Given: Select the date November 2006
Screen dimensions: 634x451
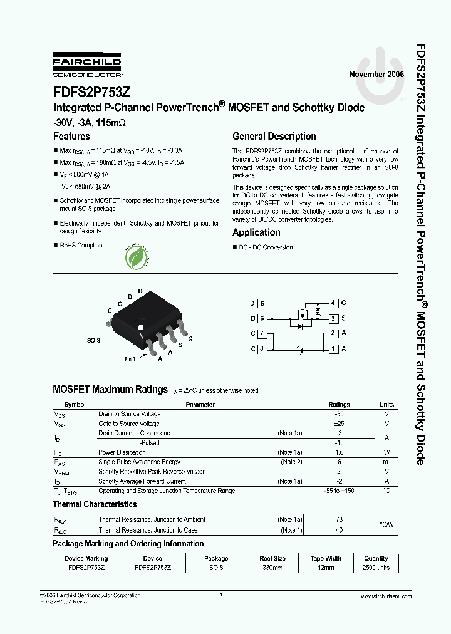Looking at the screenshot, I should click(x=376, y=74).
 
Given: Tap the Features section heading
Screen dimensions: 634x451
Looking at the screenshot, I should click(x=71, y=136).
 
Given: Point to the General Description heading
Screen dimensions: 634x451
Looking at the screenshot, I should click(x=274, y=136).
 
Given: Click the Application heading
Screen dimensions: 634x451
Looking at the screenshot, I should click(x=256, y=232).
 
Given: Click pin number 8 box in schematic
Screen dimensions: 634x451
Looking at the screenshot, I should click(x=261, y=348).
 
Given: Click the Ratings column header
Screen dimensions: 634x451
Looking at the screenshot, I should click(x=340, y=405).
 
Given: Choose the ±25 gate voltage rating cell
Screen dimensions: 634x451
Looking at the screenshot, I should click(x=340, y=424).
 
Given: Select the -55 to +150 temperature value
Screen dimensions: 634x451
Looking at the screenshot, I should click(x=340, y=491).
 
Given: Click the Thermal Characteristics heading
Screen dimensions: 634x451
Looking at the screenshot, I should click(x=95, y=504).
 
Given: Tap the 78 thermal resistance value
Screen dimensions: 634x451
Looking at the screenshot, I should click(x=340, y=519).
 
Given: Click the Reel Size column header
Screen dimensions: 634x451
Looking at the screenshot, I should click(x=272, y=558).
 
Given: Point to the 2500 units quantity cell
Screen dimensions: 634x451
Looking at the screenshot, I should click(x=376, y=568).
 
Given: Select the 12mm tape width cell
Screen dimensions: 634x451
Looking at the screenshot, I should click(x=326, y=568).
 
